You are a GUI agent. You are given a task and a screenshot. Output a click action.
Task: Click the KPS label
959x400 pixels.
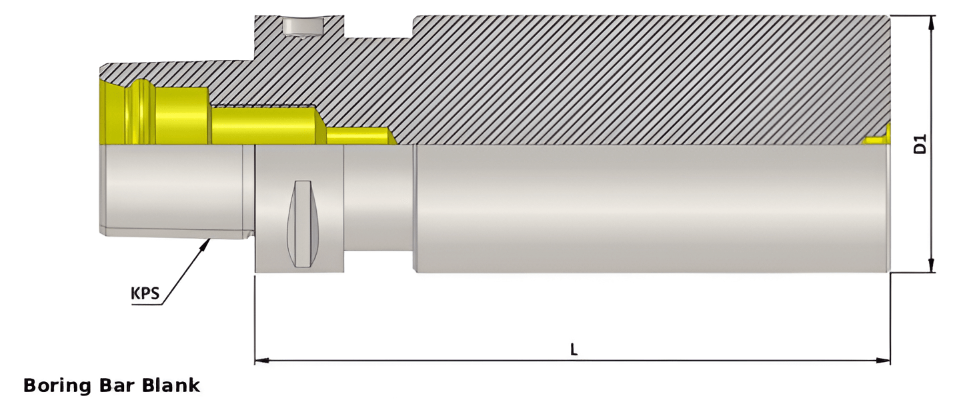(x=145, y=293)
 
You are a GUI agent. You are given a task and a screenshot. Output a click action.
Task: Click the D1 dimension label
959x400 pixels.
(x=920, y=145)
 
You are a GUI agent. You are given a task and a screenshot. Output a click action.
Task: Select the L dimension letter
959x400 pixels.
(x=574, y=349)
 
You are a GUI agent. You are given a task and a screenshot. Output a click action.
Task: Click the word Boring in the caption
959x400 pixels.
(x=58, y=385)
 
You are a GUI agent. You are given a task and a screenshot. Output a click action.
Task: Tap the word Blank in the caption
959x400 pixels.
(x=174, y=385)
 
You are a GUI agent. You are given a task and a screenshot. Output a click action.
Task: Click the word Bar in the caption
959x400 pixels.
(x=121, y=385)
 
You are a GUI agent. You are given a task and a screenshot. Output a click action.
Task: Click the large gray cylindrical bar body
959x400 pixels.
(x=647, y=208)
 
